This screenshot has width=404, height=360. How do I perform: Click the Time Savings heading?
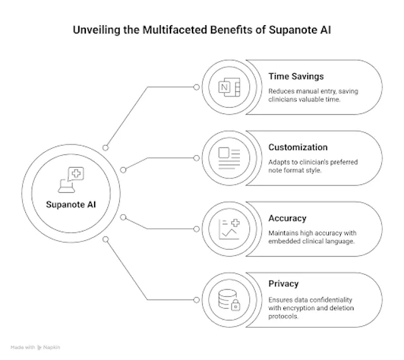[296, 76]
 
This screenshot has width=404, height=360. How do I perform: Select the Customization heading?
[298, 147]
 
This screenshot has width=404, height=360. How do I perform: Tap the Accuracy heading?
[287, 218]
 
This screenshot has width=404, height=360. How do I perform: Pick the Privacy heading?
[283, 284]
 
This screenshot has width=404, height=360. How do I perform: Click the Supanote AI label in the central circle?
[71, 204]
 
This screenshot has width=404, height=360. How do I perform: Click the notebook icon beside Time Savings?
[229, 87]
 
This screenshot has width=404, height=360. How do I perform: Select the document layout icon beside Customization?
[229, 158]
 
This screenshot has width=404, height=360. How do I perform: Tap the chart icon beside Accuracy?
[229, 229]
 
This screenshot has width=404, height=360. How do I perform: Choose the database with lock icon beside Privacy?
[229, 299]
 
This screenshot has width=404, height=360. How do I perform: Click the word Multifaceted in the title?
[175, 30]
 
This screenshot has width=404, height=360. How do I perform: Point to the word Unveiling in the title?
[97, 30]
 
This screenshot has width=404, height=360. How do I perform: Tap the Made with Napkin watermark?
[35, 347]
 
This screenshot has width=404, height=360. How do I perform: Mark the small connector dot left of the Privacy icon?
[196, 299]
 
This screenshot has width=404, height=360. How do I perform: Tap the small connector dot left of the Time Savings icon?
[196, 87]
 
